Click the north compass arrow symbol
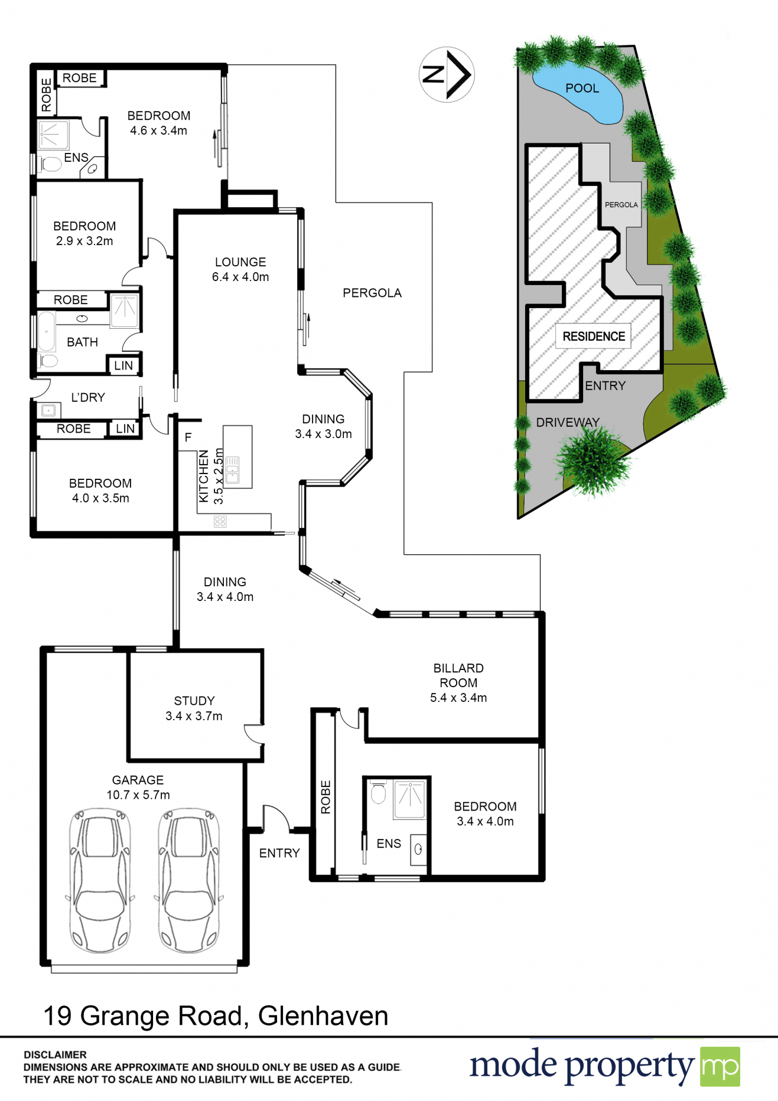[x=447, y=75]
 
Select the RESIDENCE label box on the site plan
[x=593, y=336]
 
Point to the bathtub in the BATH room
[x=47, y=332]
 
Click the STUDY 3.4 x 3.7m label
[x=194, y=708]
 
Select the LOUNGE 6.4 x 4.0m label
[x=240, y=269]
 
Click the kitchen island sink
[x=233, y=470]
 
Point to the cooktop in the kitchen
[x=220, y=521]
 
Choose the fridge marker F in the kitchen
[x=188, y=437]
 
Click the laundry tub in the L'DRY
[x=48, y=410]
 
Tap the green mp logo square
[x=720, y=1067]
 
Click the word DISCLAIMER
[x=55, y=1054]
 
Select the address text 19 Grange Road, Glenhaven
[x=216, y=1016]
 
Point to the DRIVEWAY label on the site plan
[x=568, y=422]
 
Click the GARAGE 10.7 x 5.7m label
[x=138, y=788]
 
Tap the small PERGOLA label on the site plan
[x=621, y=205]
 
